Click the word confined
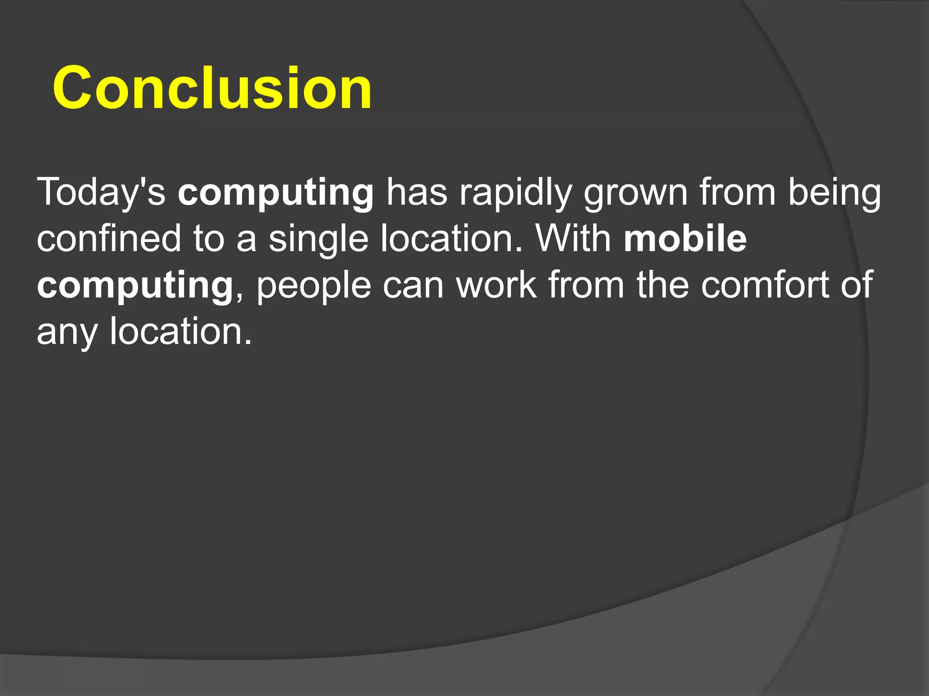(109, 238)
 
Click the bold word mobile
(685, 238)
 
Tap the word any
(67, 333)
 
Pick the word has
(417, 192)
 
